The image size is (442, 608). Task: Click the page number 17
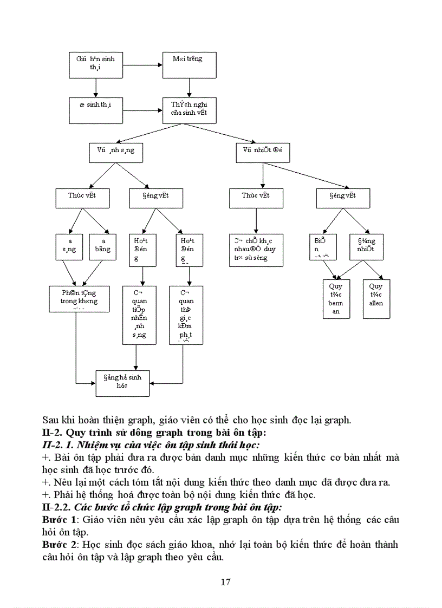pos(226,582)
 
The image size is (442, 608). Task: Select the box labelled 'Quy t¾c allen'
pos(376,298)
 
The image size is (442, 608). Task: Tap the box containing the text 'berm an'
pos(336,298)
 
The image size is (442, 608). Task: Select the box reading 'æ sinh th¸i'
pos(96,110)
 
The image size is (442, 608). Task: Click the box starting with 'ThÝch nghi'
pos(190,110)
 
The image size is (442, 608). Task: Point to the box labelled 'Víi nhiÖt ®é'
pos(263,153)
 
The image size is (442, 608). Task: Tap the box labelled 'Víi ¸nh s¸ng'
pos(116,153)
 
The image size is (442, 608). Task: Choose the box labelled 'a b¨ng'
pos(103,247)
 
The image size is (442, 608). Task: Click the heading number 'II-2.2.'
pos(56,507)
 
